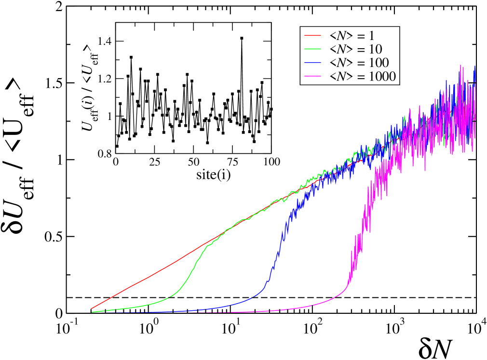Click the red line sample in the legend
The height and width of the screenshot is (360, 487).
pyautogui.click(x=312, y=35)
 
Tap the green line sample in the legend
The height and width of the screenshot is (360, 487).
pyautogui.click(x=312, y=49)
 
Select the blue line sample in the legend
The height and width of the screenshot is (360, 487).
pyautogui.click(x=312, y=63)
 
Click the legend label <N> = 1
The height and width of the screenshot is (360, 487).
pyautogui.click(x=352, y=35)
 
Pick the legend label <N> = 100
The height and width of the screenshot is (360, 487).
pyautogui.click(x=359, y=63)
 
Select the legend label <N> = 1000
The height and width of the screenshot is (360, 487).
pyautogui.click(x=362, y=77)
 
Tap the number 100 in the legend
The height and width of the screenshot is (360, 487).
pyautogui.click(x=378, y=63)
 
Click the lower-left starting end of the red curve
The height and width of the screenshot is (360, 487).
pyautogui.click(x=92, y=308)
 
